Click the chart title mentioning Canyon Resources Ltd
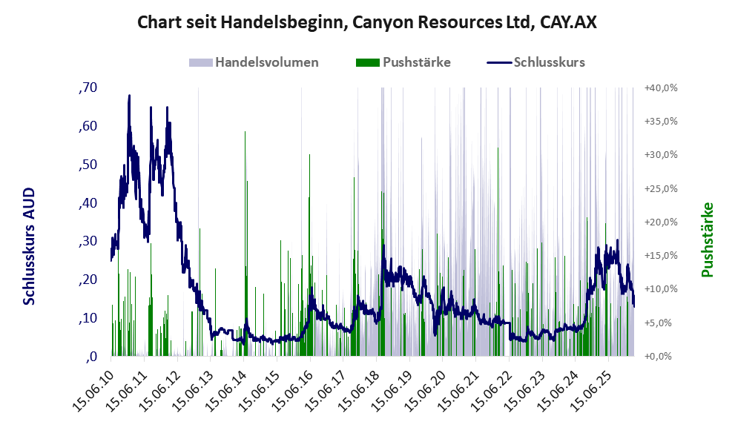pyautogui.click(x=367, y=23)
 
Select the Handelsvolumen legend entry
pyautogui.click(x=266, y=62)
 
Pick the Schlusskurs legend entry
pyautogui.click(x=549, y=62)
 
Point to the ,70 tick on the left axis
pyautogui.click(x=88, y=87)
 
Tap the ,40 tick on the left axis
pyautogui.click(x=88, y=202)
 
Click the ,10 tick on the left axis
pyautogui.click(x=88, y=318)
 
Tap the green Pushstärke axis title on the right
pyautogui.click(x=707, y=240)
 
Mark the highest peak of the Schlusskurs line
pyautogui.click(x=129, y=96)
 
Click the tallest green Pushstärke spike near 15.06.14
pyautogui.click(x=245, y=132)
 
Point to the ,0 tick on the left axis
pyautogui.click(x=92, y=357)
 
